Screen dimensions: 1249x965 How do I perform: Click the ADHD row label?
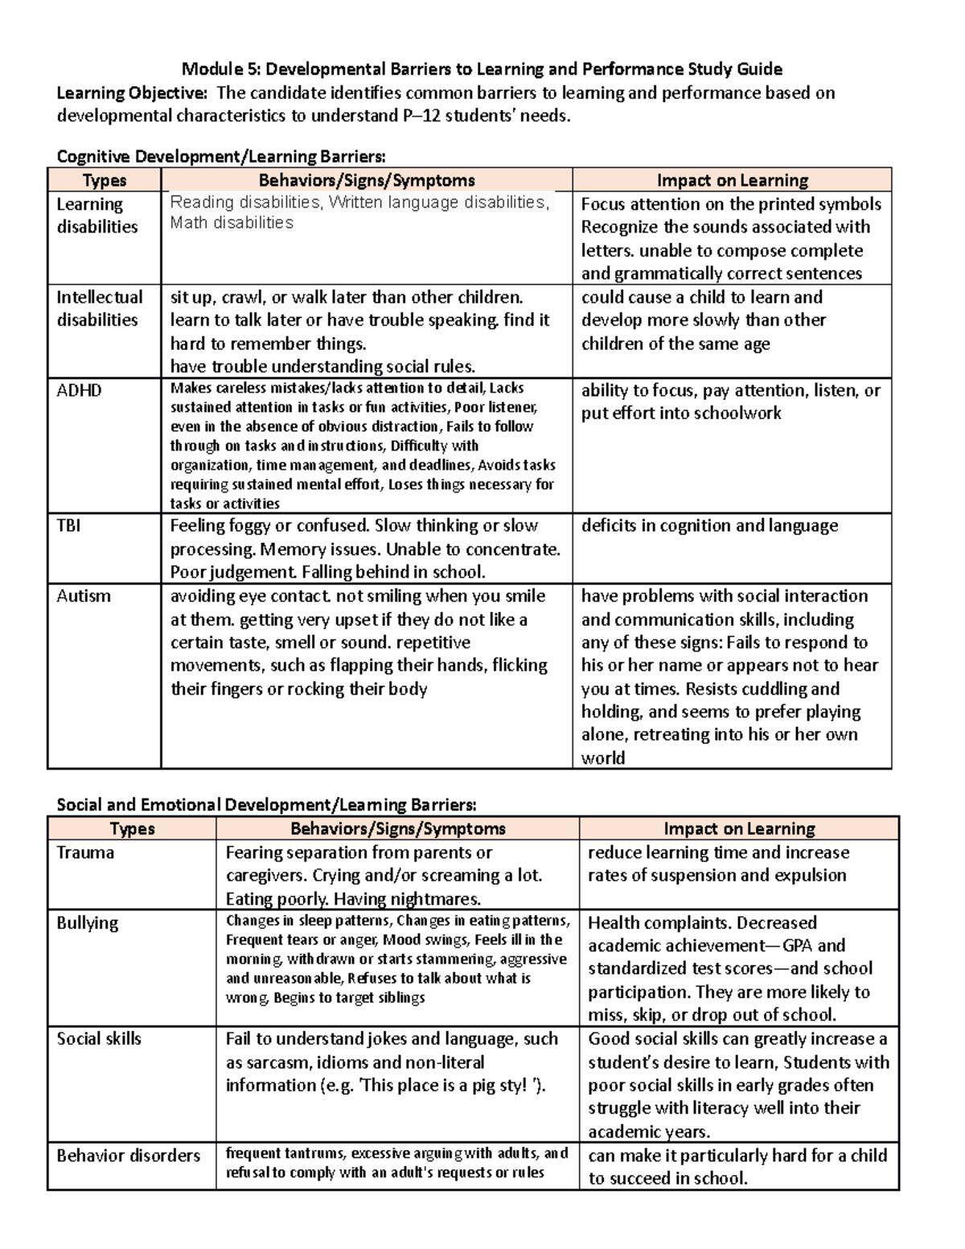pos(79,391)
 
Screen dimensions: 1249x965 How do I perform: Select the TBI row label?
pos(68,526)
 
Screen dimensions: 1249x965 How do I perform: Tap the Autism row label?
pos(83,597)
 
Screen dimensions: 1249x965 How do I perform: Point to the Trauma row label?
pos(85,853)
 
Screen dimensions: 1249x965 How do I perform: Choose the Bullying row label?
pos(87,923)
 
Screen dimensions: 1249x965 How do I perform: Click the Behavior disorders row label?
pos(128,1156)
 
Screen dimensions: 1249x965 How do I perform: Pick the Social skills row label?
pos(99,1039)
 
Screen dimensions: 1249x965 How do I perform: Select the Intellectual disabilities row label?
pos(99,309)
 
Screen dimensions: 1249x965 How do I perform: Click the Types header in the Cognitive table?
pos(105,180)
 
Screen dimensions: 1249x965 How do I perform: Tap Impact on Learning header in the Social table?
pos(739,828)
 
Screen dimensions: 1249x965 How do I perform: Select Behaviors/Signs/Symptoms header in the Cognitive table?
pos(366,180)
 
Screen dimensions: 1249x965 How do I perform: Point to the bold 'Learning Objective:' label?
pos(132,92)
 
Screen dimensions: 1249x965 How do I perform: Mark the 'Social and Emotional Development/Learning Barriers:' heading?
pos(266,805)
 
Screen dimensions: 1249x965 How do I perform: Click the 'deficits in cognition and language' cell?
pos(709,526)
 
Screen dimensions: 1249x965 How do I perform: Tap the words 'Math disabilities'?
pos(232,223)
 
